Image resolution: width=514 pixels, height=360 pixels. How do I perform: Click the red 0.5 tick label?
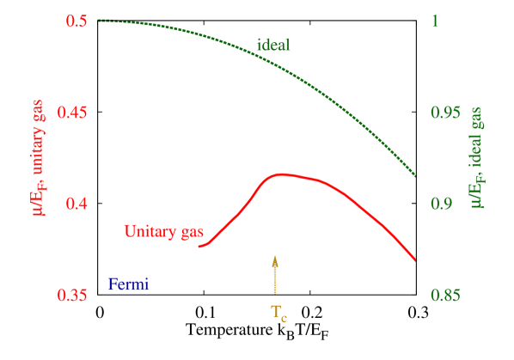77,21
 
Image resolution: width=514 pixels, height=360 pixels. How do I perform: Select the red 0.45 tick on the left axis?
73,113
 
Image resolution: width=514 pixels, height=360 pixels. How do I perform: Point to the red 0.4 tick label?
77,204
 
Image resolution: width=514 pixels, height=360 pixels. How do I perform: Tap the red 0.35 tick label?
73,295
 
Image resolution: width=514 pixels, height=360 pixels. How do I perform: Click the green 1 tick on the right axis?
434,21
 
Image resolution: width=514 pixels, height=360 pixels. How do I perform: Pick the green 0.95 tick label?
445,113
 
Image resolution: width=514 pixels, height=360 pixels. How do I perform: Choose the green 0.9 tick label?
441,204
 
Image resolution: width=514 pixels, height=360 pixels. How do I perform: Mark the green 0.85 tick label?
445,295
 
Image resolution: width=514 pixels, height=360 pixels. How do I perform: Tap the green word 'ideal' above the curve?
273,45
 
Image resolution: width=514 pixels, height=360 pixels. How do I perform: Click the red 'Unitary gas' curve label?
163,231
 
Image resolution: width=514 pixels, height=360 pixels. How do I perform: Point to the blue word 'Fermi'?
128,284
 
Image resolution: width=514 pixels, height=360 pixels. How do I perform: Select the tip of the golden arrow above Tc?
275,255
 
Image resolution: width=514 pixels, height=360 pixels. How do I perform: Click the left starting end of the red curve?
199,247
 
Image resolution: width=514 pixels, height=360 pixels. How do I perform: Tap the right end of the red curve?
416,259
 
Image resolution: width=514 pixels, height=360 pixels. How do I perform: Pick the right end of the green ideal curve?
416,176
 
